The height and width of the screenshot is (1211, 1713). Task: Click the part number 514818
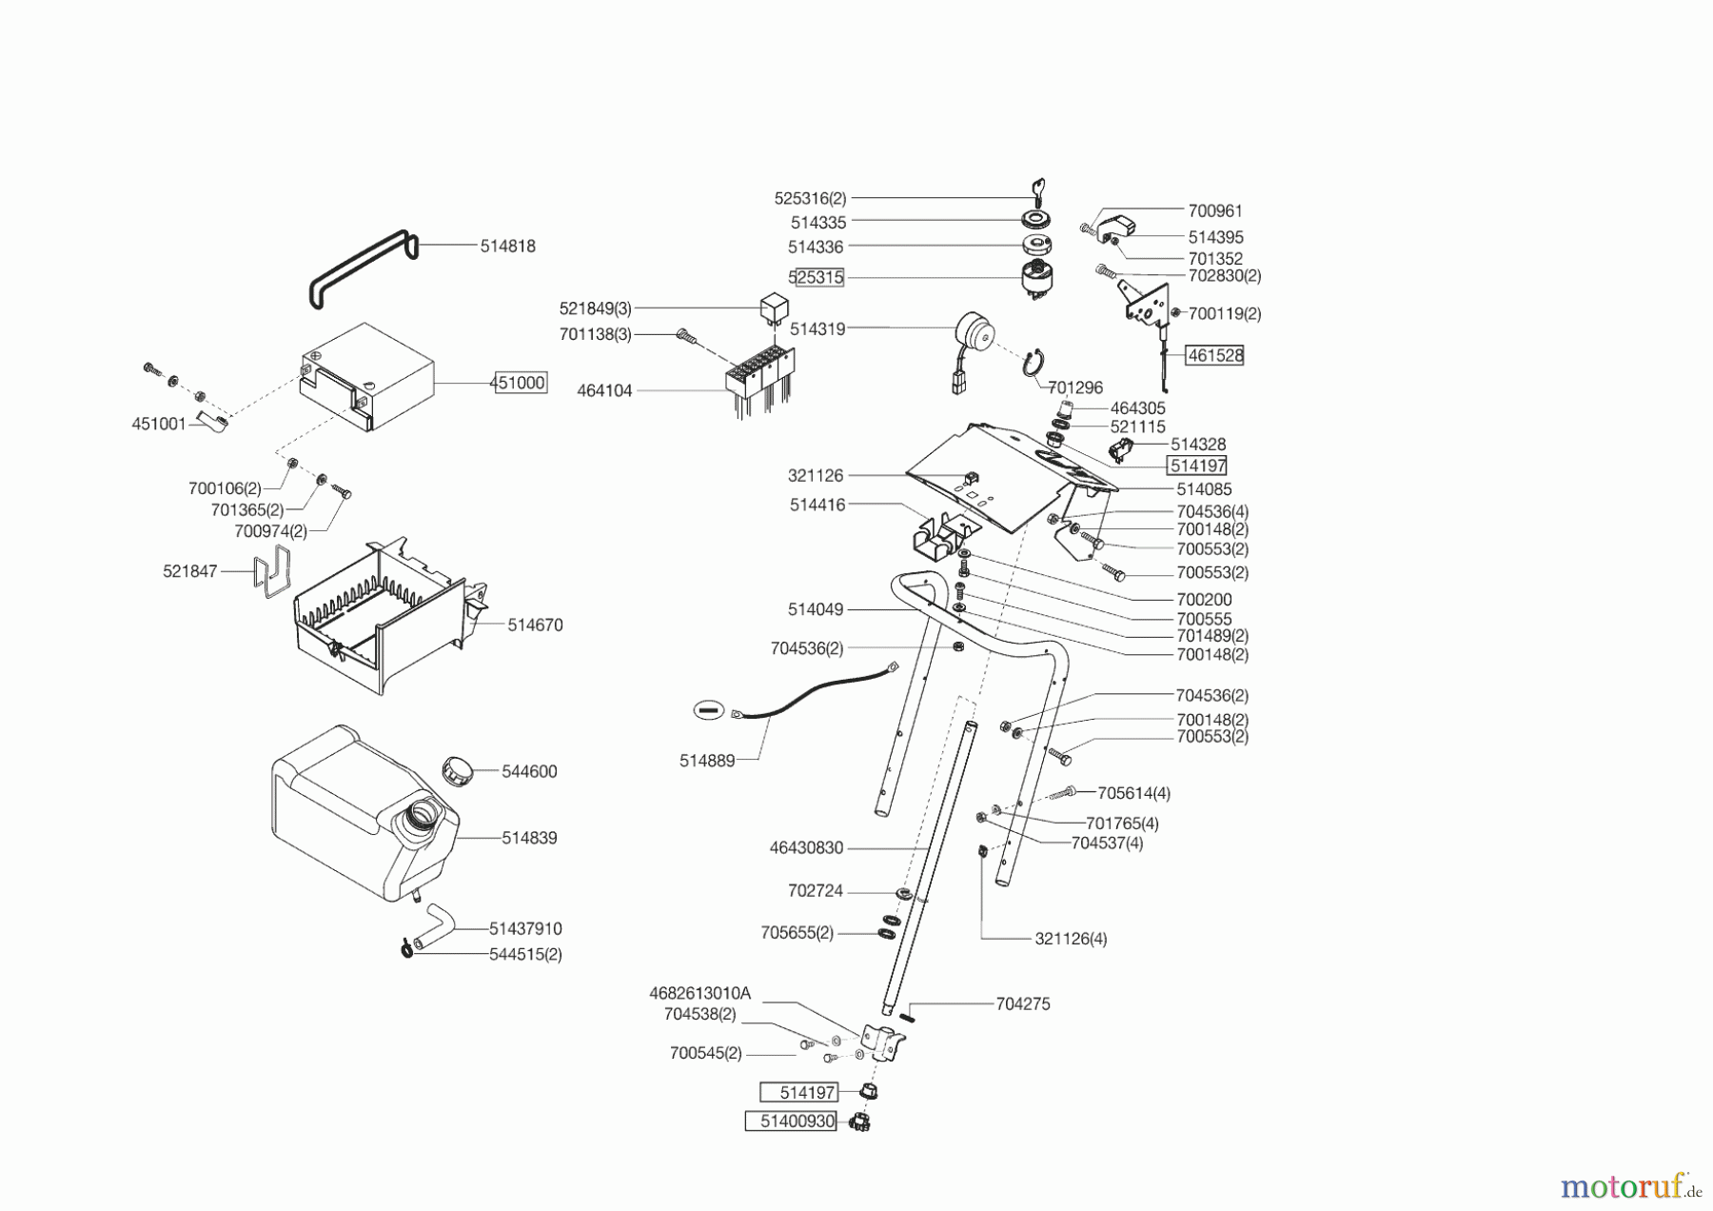507,246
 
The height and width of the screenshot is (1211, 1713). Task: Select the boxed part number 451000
520,383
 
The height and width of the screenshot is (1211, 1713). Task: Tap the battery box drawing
366,378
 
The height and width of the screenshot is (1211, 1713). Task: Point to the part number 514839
529,838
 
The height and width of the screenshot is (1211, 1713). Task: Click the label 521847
190,571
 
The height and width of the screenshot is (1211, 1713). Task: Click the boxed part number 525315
817,278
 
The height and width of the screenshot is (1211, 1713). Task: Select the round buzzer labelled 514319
973,338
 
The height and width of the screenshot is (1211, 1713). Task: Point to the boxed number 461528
1214,355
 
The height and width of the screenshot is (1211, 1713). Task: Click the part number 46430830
806,847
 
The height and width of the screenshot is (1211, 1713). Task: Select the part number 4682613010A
699,993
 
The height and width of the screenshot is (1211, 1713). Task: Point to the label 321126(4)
1071,939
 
